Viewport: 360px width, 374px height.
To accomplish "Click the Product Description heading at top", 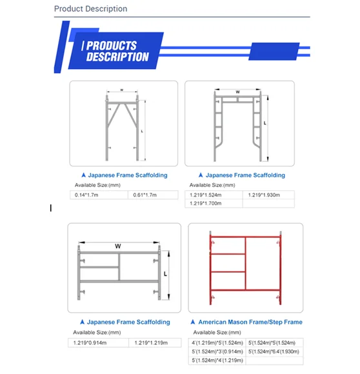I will coord(90,9).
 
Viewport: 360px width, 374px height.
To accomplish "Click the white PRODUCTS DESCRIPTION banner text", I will coord(117,51).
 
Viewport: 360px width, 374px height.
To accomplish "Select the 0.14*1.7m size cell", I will coord(88,195).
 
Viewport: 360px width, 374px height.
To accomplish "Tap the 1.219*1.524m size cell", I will coord(206,195).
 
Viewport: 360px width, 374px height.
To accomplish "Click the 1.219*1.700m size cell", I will coord(206,204).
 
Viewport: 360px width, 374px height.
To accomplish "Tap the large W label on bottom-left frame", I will coord(118,246).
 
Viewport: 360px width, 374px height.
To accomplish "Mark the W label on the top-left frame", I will coord(121,90).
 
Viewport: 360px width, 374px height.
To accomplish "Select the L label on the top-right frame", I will coord(265,122).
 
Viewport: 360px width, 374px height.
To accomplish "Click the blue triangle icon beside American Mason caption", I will coord(192,322).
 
